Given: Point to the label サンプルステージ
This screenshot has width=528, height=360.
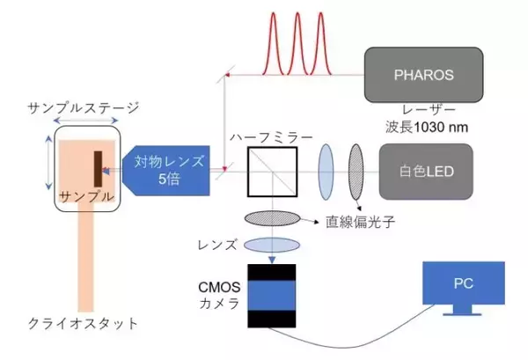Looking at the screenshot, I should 84,108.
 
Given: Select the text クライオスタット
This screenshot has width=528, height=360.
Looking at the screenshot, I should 84,323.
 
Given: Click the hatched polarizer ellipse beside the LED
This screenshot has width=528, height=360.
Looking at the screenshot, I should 356,166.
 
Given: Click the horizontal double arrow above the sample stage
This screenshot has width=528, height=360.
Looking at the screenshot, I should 77,121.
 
